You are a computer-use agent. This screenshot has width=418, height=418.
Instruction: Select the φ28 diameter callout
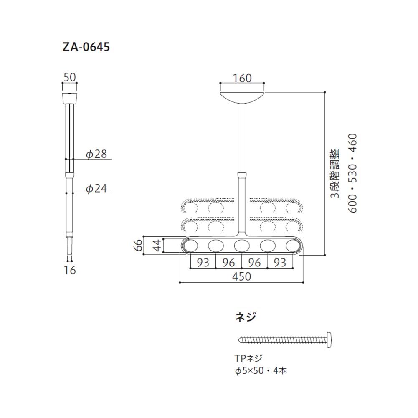(x=96, y=154)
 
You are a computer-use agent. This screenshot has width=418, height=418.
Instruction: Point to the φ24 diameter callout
(x=96, y=188)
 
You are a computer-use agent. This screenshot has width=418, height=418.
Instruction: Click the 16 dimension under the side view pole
(x=70, y=270)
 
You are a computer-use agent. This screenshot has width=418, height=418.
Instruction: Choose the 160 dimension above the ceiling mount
(x=242, y=78)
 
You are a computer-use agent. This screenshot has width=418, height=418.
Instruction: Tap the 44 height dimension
(x=157, y=246)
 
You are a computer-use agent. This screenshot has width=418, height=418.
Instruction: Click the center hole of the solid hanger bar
(x=242, y=246)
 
